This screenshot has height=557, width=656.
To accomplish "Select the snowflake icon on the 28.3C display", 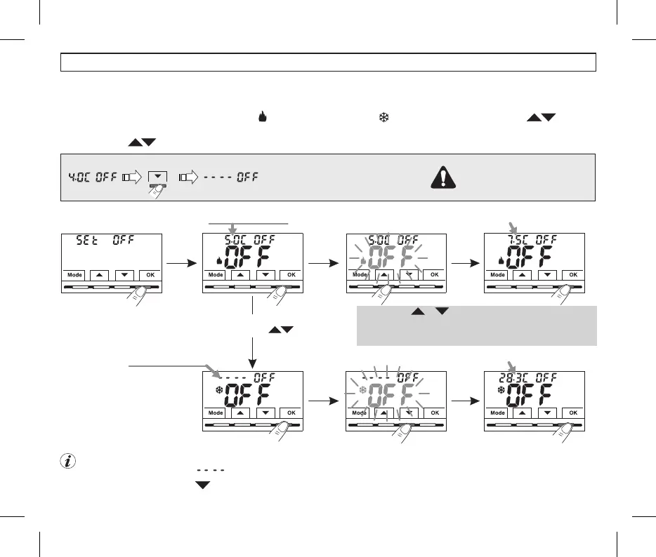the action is [x=501, y=389].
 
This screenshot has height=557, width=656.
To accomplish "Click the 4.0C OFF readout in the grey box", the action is [x=91, y=177].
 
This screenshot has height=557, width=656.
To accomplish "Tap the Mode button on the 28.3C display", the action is [x=497, y=413].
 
